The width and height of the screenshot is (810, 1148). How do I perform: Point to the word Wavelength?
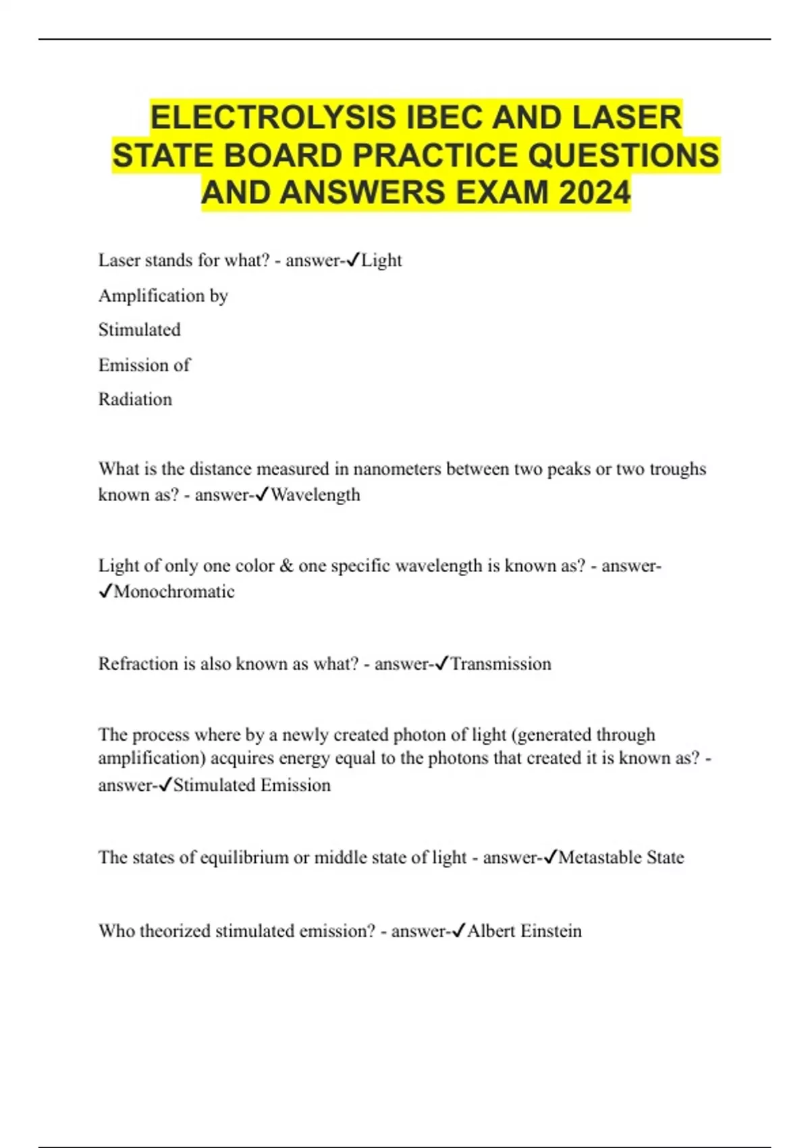(315, 495)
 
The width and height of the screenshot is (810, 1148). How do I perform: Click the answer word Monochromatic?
(174, 592)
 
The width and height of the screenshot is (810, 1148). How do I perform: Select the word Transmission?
(500, 664)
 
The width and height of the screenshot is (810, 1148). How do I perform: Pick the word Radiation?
(135, 399)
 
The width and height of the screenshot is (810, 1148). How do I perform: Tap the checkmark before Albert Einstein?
(458, 931)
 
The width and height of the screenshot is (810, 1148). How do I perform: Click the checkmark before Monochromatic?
(105, 592)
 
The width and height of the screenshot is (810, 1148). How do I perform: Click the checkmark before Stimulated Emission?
(165, 785)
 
